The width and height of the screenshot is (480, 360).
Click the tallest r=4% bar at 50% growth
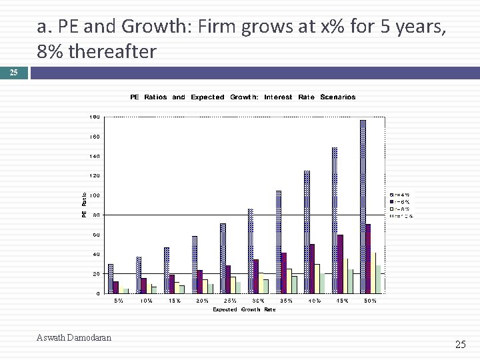(363, 207)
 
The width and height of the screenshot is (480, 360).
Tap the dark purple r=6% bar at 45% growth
(340, 263)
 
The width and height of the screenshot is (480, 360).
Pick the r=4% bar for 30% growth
(251, 251)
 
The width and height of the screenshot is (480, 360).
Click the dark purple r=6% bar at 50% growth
(368, 259)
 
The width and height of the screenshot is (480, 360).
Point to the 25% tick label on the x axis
(230, 301)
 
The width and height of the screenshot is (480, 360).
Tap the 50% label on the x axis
(370, 301)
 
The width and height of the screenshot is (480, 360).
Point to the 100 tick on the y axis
(95, 195)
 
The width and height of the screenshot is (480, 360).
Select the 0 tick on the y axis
(98, 293)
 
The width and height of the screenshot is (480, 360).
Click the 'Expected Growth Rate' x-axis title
(244, 310)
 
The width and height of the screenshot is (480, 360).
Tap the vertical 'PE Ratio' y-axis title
(84, 204)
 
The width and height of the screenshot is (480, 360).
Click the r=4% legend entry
(402, 195)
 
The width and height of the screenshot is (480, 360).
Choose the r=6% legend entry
(402, 201)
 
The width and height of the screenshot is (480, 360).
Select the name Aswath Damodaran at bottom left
(75, 338)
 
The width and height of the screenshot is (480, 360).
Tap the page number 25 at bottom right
(460, 345)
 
